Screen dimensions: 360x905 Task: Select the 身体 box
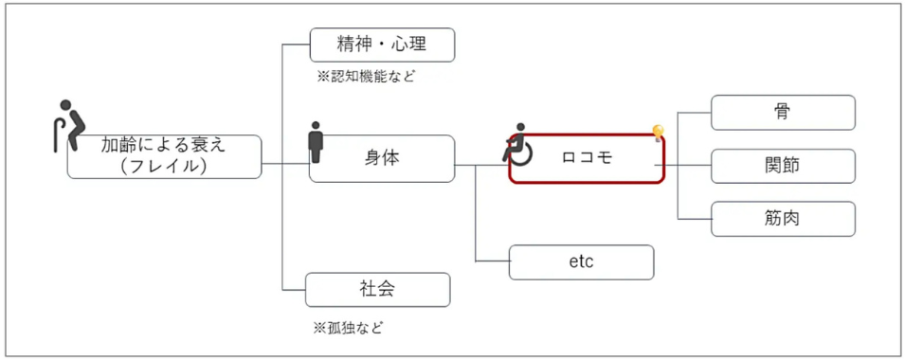382,158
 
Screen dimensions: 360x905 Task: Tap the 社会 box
377,289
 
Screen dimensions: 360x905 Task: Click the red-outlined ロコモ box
587,159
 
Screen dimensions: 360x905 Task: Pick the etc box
581,261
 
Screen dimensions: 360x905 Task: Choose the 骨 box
783,112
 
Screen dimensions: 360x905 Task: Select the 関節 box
783,165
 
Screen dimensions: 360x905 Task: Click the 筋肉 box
783,219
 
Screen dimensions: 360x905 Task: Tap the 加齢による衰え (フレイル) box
164,155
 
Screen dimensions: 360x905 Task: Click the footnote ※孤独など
350,328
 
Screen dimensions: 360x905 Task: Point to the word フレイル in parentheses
165,166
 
